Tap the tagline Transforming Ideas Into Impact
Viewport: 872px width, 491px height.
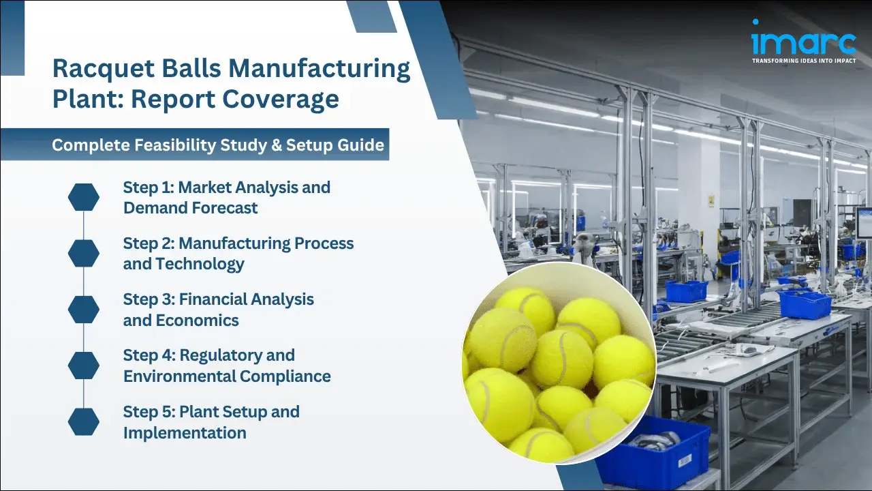(x=803, y=61)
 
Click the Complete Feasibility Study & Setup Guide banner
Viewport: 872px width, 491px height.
(x=218, y=145)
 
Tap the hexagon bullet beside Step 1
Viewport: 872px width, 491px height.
(x=84, y=197)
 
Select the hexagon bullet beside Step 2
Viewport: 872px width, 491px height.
(x=84, y=253)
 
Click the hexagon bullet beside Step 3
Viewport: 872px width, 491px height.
(x=84, y=310)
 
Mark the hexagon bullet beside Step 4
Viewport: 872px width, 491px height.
(x=84, y=366)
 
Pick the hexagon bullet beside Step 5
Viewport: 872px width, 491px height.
(x=84, y=422)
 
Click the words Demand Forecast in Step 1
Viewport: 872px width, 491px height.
(x=190, y=208)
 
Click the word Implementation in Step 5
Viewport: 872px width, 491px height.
(x=185, y=432)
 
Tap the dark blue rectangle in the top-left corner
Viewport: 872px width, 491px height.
(x=12, y=38)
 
